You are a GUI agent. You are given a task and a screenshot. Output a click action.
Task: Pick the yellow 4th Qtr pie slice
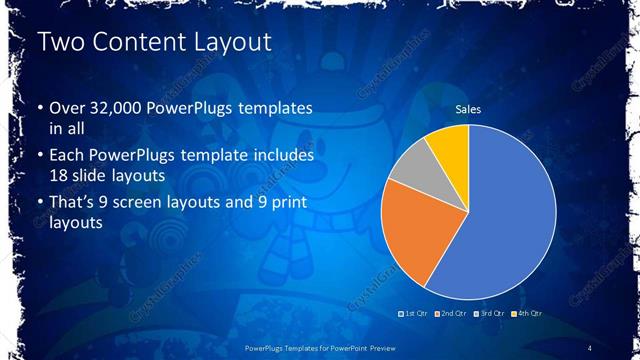point(452,143)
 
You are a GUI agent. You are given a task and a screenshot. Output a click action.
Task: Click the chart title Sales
point(468,109)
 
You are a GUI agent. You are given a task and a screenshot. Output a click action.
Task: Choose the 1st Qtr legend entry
point(413,314)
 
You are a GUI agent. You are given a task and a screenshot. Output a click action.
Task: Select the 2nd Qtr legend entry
point(452,314)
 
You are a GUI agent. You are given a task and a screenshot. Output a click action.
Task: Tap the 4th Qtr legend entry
point(529,314)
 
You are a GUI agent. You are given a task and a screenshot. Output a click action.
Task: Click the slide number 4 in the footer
point(591,347)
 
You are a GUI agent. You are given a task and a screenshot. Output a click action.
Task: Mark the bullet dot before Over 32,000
point(40,108)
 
